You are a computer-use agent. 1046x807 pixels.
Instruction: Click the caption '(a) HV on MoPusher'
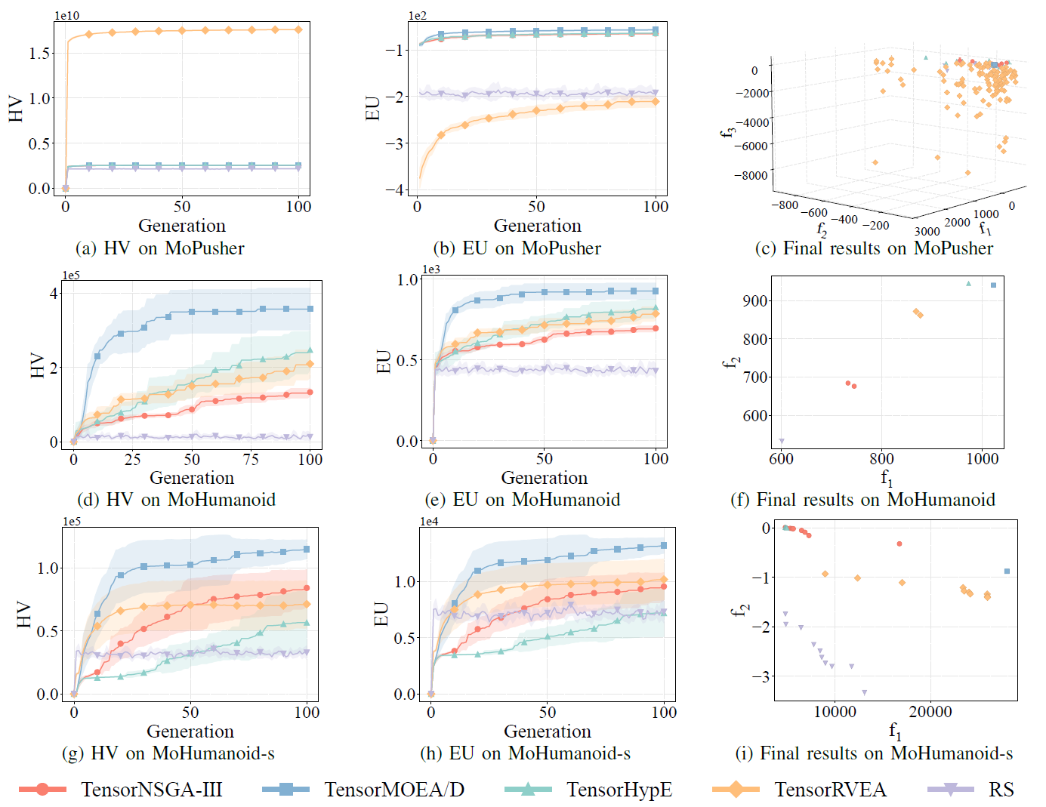160,248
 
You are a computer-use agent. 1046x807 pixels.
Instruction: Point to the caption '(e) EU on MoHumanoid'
523,500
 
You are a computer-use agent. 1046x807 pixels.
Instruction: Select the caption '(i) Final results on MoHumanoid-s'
875,753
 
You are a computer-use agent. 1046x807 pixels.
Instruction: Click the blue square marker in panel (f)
993,285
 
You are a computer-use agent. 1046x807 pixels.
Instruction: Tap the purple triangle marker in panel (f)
782,442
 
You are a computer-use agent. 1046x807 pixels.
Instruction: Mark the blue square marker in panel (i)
1007,571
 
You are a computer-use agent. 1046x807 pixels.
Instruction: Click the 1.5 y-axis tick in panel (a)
39,53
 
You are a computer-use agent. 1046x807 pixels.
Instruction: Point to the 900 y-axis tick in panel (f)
754,301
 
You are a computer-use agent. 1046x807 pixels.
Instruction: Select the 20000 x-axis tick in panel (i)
930,712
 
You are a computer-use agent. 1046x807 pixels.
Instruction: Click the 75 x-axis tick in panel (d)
251,460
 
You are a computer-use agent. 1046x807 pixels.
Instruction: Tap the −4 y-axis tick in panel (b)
394,189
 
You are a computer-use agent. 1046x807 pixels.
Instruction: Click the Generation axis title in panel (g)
190,731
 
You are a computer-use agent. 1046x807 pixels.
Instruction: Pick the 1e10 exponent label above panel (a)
67,16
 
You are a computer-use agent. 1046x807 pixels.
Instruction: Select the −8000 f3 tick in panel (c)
751,175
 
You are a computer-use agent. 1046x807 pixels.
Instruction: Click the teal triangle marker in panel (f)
969,283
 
